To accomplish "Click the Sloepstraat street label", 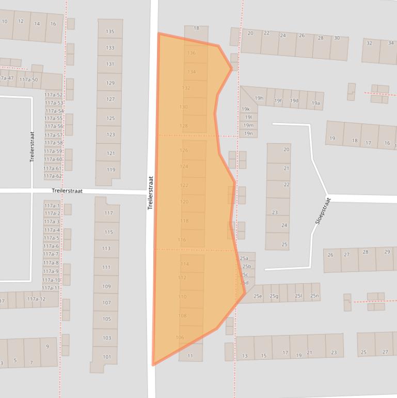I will (323, 210).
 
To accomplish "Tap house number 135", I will (110, 32).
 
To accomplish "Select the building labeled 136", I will (192, 53).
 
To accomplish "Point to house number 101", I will (107, 357).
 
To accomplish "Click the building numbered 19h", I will (259, 98).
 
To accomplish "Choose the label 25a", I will (244, 258).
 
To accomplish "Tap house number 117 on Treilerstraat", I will (108, 213).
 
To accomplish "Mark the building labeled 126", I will (184, 150).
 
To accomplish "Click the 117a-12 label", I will (36, 299).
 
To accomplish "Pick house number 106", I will (180, 338).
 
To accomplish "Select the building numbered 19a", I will (316, 103).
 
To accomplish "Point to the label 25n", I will (314, 296).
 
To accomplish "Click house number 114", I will (185, 264).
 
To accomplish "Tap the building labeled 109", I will (106, 286).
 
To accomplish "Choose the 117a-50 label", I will (28, 80).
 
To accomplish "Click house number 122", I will (184, 185).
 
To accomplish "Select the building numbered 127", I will (110, 99).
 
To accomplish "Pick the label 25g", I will (274, 296).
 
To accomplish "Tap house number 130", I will (184, 107).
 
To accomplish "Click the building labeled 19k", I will (246, 109).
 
